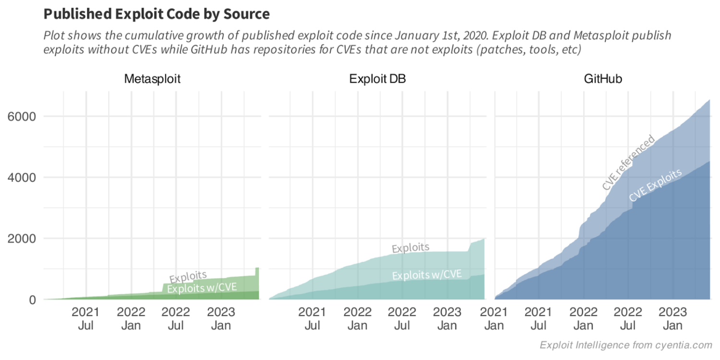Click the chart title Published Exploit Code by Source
point(156,14)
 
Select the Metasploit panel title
point(152,79)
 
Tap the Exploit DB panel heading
point(377,79)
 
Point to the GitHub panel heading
point(603,79)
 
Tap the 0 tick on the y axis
point(32,300)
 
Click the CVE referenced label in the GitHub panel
point(628,163)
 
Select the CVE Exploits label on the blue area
point(655,186)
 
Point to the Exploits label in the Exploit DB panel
point(410,248)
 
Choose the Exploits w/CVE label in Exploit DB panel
point(427,275)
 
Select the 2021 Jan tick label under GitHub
point(494,319)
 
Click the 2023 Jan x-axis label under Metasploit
point(221,319)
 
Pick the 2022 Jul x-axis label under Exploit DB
point(402,319)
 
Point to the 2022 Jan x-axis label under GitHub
point(584,319)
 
